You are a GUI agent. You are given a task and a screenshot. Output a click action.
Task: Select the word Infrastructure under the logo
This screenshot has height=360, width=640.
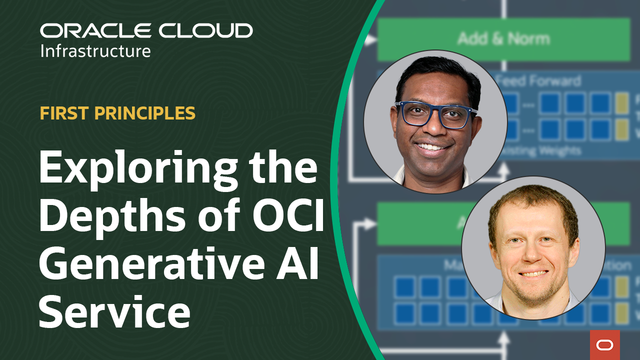click(x=95, y=51)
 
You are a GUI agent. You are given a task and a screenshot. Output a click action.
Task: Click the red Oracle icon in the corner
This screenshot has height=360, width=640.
click(x=604, y=344)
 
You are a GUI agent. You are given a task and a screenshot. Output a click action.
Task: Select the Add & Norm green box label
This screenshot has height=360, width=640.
click(x=503, y=39)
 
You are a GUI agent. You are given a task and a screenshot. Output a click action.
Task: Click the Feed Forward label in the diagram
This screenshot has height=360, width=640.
click(x=540, y=81)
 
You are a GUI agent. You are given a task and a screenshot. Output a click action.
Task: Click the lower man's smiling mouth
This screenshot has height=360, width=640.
click(x=534, y=273)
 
